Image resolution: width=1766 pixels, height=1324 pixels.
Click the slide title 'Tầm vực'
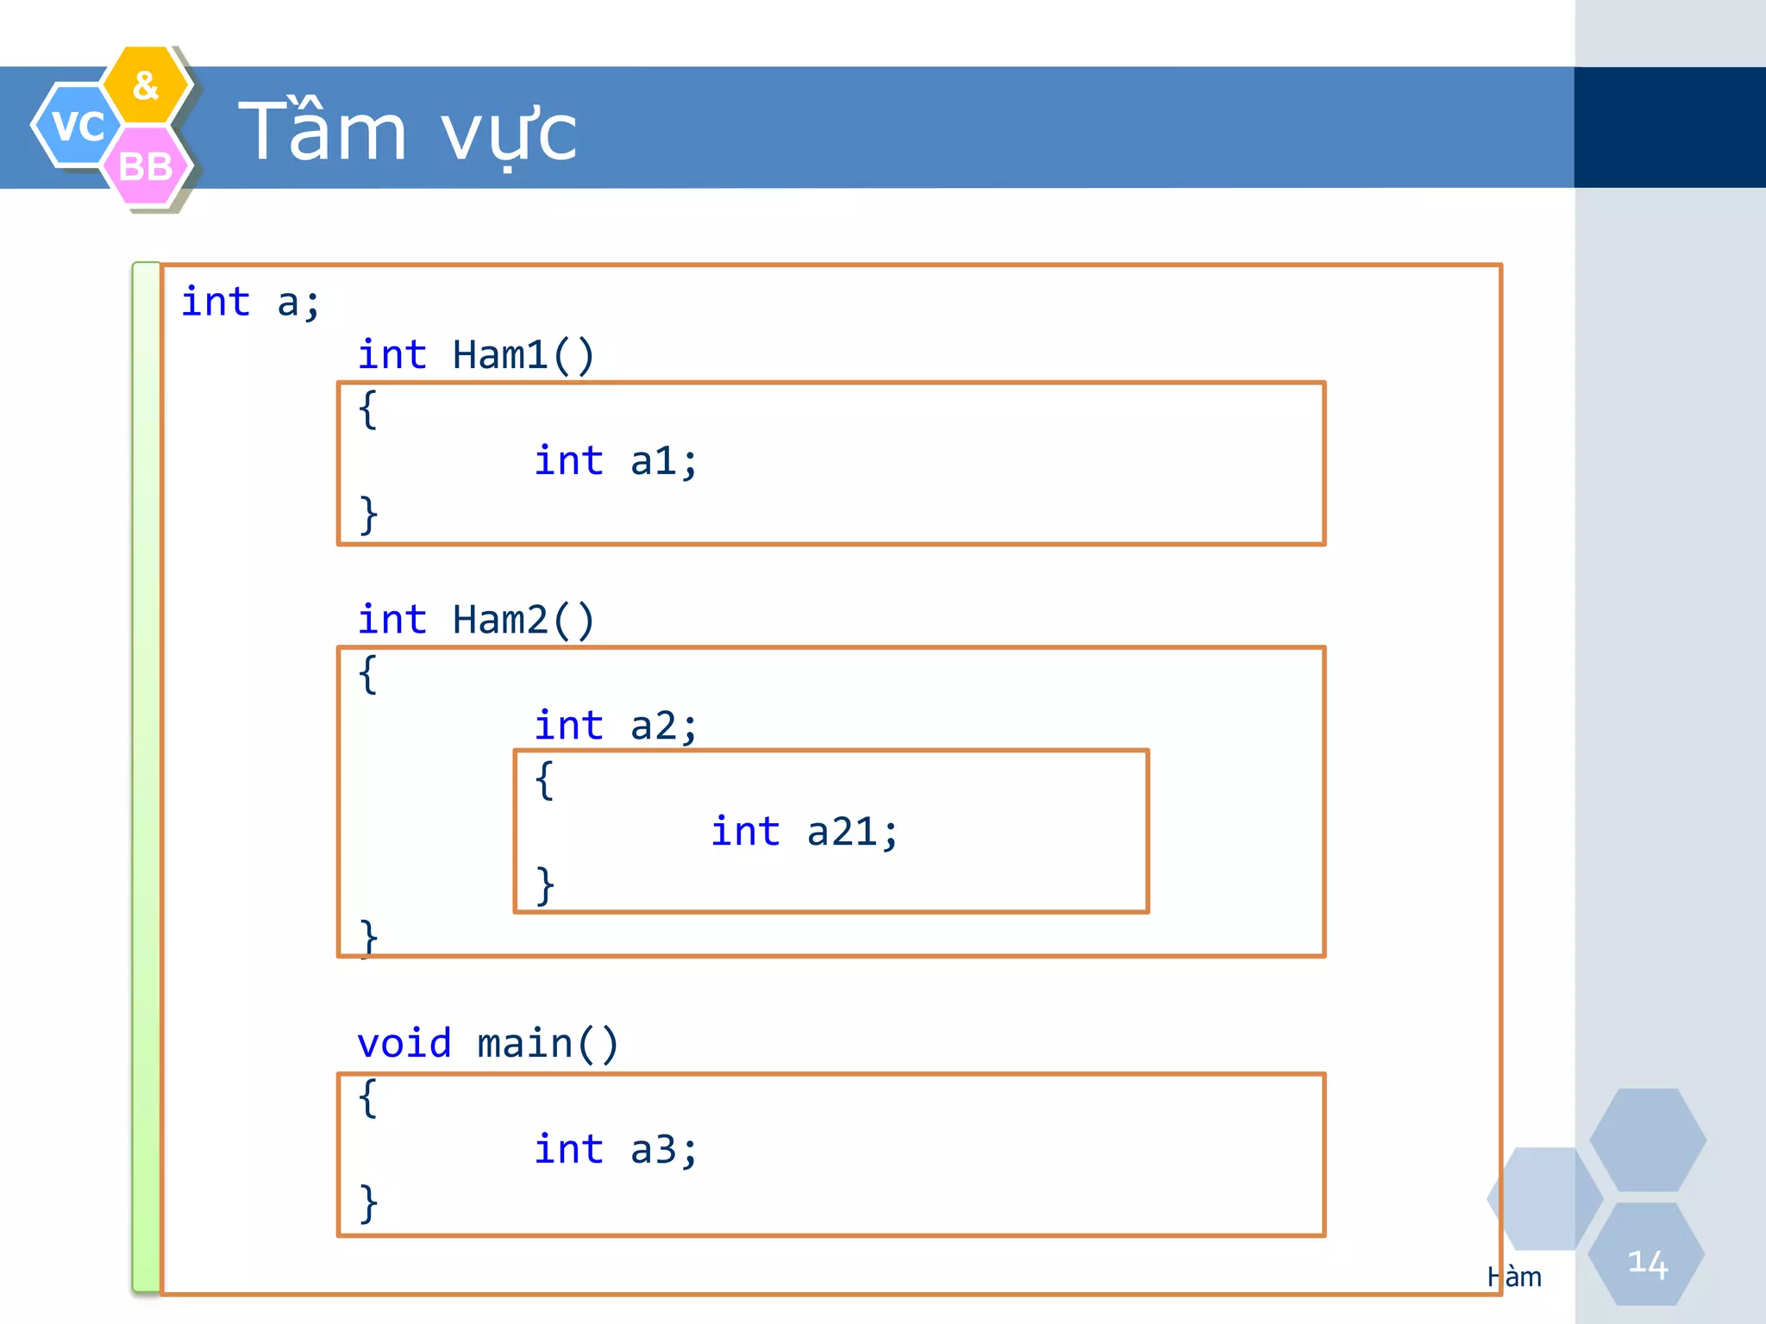point(407,131)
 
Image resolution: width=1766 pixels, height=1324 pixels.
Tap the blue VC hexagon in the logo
point(76,126)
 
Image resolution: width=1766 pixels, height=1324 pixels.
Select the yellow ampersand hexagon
point(146,84)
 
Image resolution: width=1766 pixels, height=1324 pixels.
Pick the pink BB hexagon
point(145,166)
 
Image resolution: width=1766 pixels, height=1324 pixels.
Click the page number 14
point(1646,1263)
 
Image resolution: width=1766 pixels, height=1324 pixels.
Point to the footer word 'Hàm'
point(1514,1277)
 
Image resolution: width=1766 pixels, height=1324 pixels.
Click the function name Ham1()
point(523,355)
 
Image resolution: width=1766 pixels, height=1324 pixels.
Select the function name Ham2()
point(523,620)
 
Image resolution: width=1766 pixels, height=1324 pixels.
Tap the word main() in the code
point(547,1044)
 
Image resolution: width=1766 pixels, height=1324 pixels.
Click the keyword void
point(404,1044)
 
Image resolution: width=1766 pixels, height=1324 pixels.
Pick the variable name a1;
point(662,461)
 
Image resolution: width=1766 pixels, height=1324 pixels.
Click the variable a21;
point(852,832)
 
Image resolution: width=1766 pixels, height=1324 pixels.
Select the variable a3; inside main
point(662,1150)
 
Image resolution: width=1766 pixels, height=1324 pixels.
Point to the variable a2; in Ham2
point(662,726)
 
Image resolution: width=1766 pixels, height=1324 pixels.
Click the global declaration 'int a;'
point(250,303)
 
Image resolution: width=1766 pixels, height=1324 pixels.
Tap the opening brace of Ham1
point(367,409)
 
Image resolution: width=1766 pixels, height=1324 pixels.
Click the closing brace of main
point(368,1202)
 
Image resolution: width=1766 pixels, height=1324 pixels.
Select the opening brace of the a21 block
point(544,780)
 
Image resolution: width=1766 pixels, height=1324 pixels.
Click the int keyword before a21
point(745,832)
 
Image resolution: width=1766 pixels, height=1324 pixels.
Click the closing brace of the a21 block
point(544,885)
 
